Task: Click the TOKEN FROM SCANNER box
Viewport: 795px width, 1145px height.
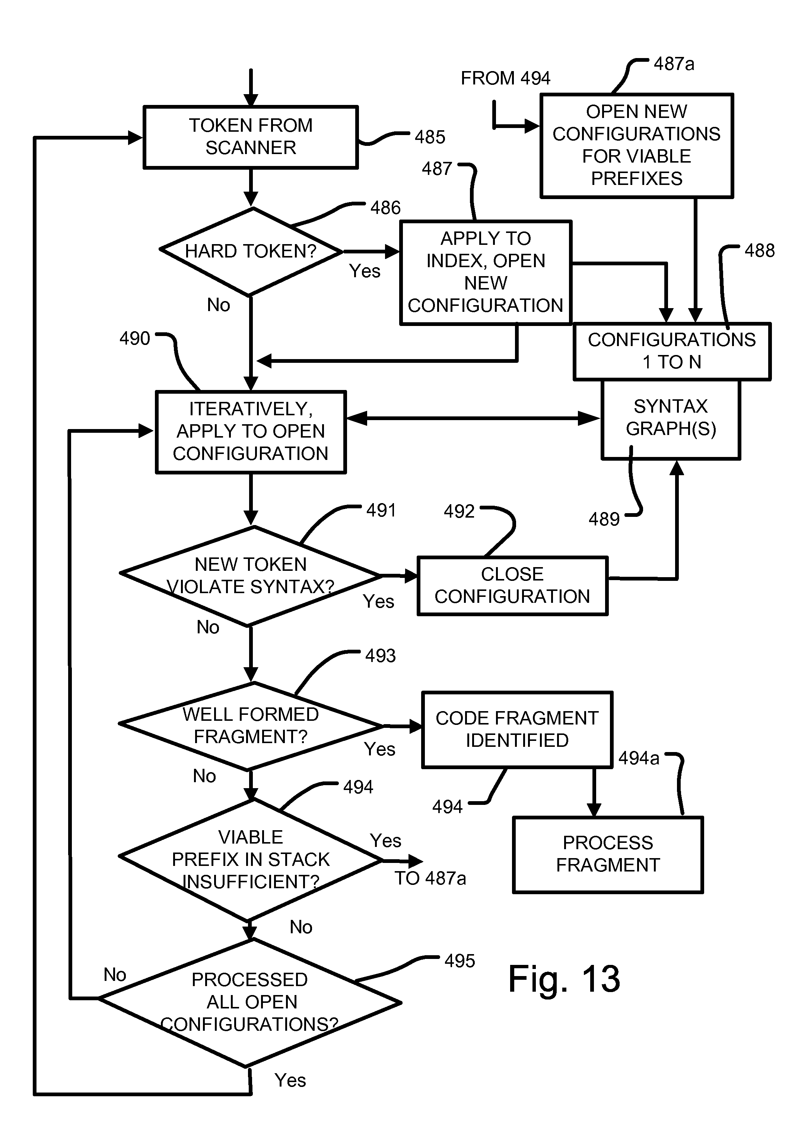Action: click(x=251, y=137)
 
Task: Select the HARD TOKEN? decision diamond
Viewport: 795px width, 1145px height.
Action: click(x=251, y=252)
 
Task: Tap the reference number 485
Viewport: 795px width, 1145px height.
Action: click(x=430, y=137)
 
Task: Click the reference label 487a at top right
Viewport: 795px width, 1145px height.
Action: click(x=674, y=64)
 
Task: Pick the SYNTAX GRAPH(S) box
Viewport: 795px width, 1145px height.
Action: click(x=671, y=418)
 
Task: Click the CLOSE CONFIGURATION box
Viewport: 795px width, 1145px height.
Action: click(x=512, y=585)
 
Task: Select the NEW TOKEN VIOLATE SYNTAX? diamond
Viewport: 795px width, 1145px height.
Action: click(x=251, y=576)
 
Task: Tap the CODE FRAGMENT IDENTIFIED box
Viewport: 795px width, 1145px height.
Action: click(x=516, y=729)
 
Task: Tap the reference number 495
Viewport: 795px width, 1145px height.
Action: click(x=459, y=961)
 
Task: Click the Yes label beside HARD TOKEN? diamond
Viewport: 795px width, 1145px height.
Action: click(x=365, y=271)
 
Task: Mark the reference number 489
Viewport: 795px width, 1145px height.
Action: click(x=604, y=519)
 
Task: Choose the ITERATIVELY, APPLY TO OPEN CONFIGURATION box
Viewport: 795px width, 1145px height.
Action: click(x=251, y=432)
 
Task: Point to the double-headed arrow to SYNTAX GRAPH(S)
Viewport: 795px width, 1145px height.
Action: click(x=473, y=418)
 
